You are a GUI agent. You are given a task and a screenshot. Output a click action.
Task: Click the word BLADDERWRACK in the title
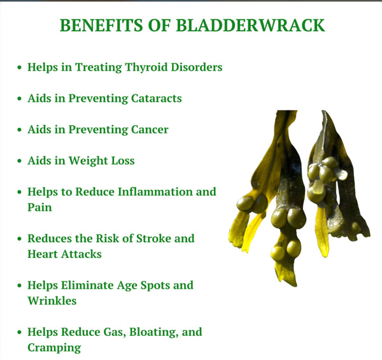pyautogui.click(x=250, y=25)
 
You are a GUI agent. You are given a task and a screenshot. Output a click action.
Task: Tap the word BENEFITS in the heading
pyautogui.click(x=101, y=25)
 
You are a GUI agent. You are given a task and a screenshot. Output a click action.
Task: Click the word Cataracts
pyautogui.click(x=157, y=98)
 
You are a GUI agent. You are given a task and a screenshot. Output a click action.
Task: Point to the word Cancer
pyautogui.click(x=150, y=129)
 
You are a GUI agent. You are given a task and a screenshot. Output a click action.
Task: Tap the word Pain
pyautogui.click(x=39, y=208)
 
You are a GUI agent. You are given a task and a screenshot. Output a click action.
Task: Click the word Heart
pyautogui.click(x=43, y=254)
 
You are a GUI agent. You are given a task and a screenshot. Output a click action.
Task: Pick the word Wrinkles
pyautogui.click(x=52, y=301)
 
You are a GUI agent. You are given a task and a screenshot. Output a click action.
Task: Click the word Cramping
pyautogui.click(x=54, y=348)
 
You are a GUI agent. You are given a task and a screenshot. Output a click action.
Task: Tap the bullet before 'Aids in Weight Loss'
pyautogui.click(x=20, y=161)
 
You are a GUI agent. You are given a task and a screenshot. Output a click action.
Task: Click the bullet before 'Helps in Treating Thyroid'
pyautogui.click(x=20, y=68)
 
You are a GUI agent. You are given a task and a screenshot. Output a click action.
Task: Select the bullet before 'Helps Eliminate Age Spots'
pyautogui.click(x=20, y=285)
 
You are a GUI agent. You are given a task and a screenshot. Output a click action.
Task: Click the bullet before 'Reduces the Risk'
pyautogui.click(x=20, y=238)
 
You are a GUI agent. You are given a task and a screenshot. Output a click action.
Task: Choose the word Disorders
pyautogui.click(x=197, y=68)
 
